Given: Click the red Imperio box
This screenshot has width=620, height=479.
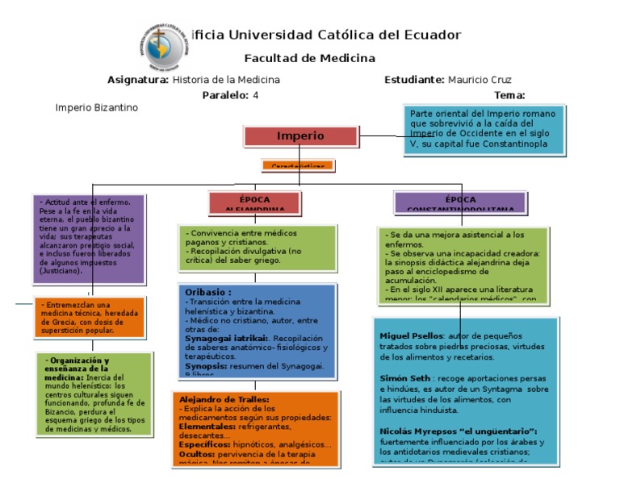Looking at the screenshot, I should (x=300, y=135).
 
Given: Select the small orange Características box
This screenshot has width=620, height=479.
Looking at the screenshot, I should (x=297, y=166).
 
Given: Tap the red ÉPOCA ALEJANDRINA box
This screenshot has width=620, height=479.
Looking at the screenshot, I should (x=255, y=202).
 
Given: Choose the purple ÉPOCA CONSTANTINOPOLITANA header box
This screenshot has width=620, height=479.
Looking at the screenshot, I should (x=460, y=202).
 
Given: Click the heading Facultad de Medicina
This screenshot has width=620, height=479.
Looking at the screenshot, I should (x=310, y=58).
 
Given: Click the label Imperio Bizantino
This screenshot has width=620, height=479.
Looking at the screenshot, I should (x=96, y=107).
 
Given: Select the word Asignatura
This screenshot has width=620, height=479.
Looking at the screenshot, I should (x=138, y=80).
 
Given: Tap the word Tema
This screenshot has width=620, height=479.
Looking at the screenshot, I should (x=509, y=95).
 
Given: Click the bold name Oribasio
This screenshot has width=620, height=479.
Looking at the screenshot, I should (x=207, y=292).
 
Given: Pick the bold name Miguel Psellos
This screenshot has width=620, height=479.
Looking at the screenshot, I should (x=411, y=335).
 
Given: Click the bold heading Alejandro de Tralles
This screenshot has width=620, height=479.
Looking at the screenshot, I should (x=224, y=399).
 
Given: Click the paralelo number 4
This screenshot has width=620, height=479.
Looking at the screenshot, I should (x=256, y=95).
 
